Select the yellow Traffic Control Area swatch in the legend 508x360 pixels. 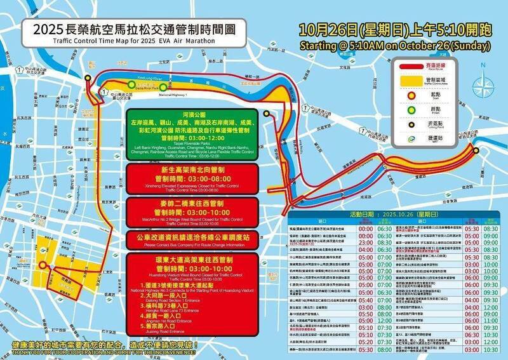415,80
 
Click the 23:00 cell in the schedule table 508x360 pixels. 366,241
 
